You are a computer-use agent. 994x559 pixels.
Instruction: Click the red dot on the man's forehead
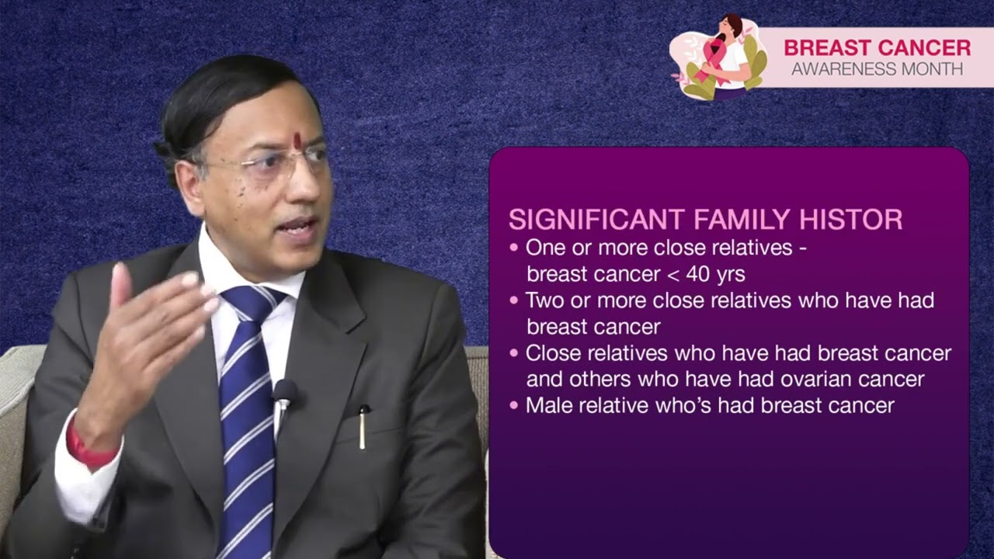coord(297,141)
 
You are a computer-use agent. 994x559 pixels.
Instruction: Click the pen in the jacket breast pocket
coord(363,428)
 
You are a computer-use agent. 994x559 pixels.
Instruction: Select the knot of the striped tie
coord(247,303)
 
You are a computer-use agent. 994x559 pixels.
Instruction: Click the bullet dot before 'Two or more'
coord(513,300)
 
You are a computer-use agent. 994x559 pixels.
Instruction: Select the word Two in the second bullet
coord(544,300)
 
